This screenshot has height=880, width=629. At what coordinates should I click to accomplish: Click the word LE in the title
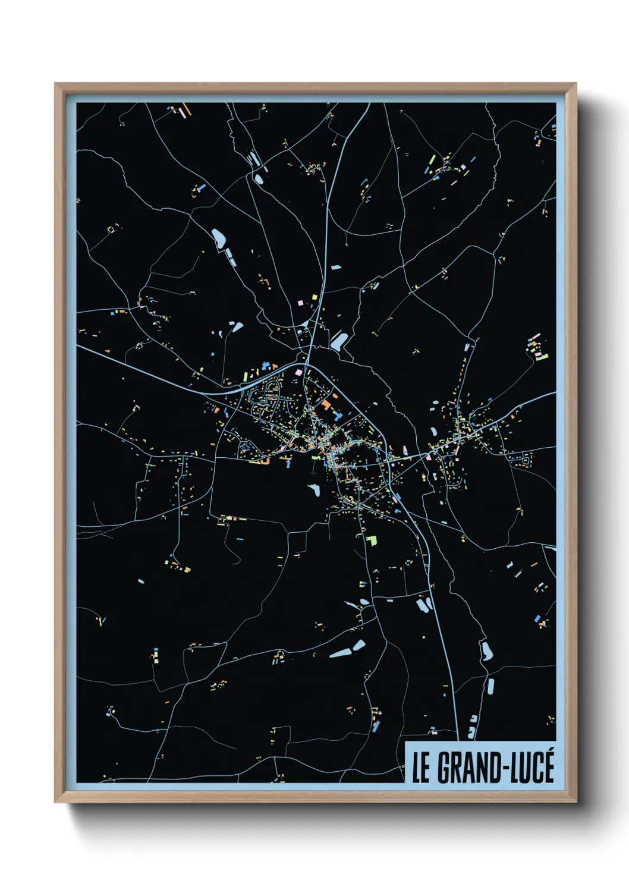(x=421, y=768)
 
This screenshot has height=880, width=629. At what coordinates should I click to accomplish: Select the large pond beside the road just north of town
(x=338, y=341)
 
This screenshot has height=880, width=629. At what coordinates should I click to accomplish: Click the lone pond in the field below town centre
(x=313, y=490)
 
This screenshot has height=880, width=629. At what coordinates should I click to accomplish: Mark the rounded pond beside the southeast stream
(x=486, y=652)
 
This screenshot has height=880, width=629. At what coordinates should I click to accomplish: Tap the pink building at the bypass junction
(x=298, y=373)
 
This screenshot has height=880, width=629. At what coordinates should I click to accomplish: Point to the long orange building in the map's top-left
(x=185, y=109)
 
